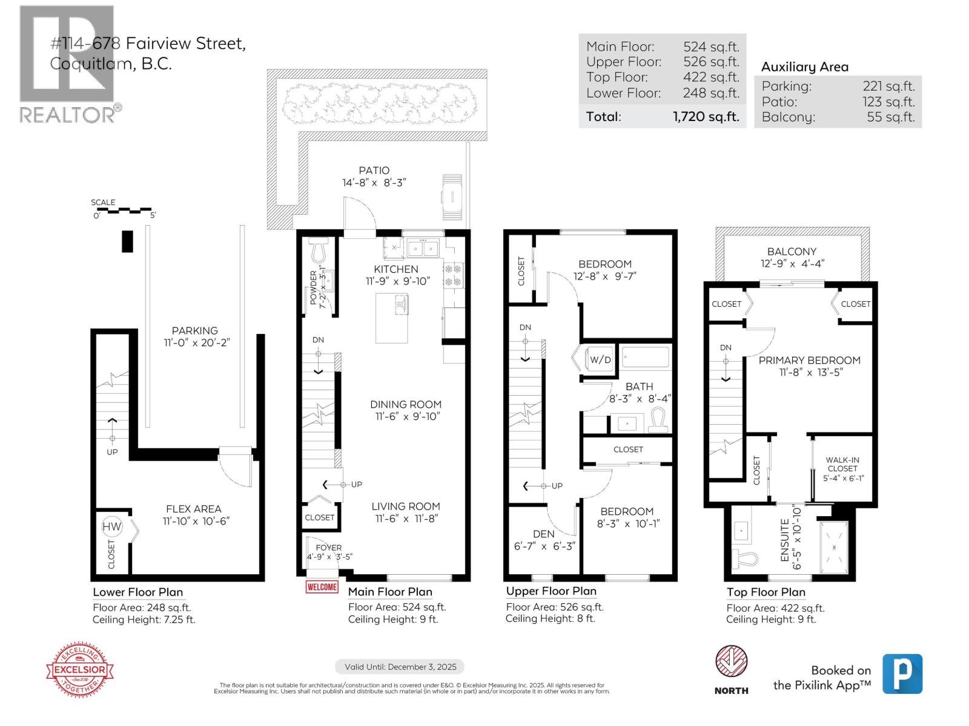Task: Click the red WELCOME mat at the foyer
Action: (x=322, y=587)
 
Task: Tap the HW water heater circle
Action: (x=112, y=527)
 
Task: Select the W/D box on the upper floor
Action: (x=600, y=359)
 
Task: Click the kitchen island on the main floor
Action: (x=392, y=318)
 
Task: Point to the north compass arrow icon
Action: (x=732, y=661)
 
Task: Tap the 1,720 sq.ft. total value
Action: (x=706, y=117)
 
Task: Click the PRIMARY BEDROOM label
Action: (x=809, y=361)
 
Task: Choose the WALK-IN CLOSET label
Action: (x=842, y=464)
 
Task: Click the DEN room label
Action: (x=543, y=534)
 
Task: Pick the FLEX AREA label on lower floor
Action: (x=194, y=509)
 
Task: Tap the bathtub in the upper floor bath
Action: (x=646, y=358)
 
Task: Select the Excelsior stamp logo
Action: (x=81, y=670)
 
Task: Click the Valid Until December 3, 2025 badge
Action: (x=400, y=667)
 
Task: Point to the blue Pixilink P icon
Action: (x=902, y=674)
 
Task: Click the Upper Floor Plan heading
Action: (x=551, y=591)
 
